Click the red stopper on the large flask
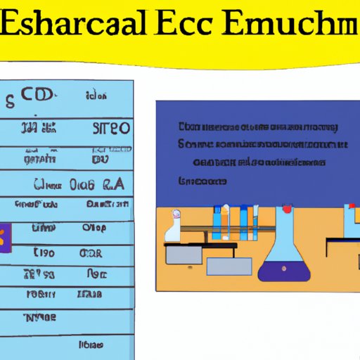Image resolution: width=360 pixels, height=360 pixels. (287, 209)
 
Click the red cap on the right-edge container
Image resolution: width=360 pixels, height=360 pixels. (349, 207)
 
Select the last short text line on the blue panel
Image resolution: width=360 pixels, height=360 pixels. (203, 181)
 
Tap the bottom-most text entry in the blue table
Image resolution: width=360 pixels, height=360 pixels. (91, 345)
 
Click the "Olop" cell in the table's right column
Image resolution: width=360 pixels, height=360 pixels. (94, 227)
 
